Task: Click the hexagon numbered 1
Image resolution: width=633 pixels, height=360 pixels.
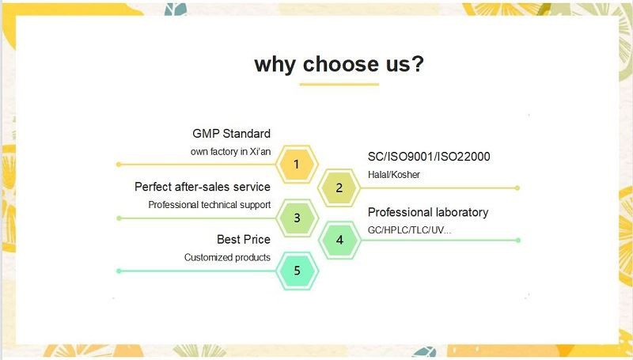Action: pyautogui.click(x=297, y=165)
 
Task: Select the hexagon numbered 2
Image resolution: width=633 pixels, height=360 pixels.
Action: pyautogui.click(x=339, y=188)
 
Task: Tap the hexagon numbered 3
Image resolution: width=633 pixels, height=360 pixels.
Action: pyautogui.click(x=297, y=218)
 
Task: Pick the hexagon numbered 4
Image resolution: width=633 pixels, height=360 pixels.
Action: pyautogui.click(x=339, y=240)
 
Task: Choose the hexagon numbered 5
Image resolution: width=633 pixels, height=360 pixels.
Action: pyautogui.click(x=297, y=271)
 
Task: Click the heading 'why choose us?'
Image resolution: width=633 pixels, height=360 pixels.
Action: pyautogui.click(x=339, y=63)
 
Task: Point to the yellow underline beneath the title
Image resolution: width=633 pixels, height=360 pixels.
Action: pyautogui.click(x=339, y=83)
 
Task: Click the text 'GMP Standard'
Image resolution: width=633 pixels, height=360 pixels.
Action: pyautogui.click(x=231, y=134)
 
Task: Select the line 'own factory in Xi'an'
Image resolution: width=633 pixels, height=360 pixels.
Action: pyautogui.click(x=230, y=151)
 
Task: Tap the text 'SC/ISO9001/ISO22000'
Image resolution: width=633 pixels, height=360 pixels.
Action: pyautogui.click(x=429, y=157)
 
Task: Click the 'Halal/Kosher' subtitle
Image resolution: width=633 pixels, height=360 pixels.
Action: pyautogui.click(x=394, y=175)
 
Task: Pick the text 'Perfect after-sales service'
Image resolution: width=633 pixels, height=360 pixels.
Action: pyautogui.click(x=203, y=187)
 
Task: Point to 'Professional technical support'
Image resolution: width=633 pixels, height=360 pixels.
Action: pyautogui.click(x=210, y=205)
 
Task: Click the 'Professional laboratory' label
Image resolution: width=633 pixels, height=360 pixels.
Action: pyautogui.click(x=428, y=212)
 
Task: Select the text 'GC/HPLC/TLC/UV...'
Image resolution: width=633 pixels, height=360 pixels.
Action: pyautogui.click(x=410, y=230)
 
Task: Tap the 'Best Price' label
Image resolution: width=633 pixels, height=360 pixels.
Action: pyautogui.click(x=244, y=239)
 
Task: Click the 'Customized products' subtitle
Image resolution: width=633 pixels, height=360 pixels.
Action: pyautogui.click(x=227, y=257)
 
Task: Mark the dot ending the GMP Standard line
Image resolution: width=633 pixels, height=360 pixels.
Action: pyautogui.click(x=119, y=165)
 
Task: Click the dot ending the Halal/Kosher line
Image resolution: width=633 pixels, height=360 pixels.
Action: pyautogui.click(x=517, y=188)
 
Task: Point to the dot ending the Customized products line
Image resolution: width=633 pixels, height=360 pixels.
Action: pyautogui.click(x=119, y=271)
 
